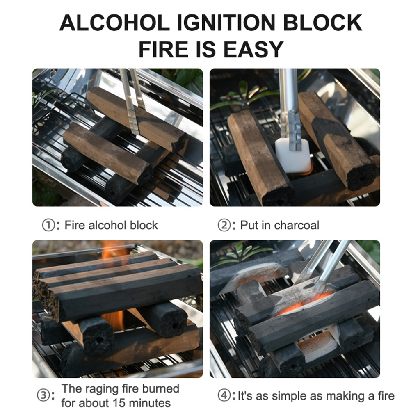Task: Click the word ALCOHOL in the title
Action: (114, 23)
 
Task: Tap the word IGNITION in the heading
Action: (226, 23)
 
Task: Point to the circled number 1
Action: (48, 226)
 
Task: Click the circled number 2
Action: (224, 226)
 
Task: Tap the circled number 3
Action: (43, 395)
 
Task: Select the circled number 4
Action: (224, 395)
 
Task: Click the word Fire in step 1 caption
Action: (75, 226)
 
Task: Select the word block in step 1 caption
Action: (144, 226)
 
